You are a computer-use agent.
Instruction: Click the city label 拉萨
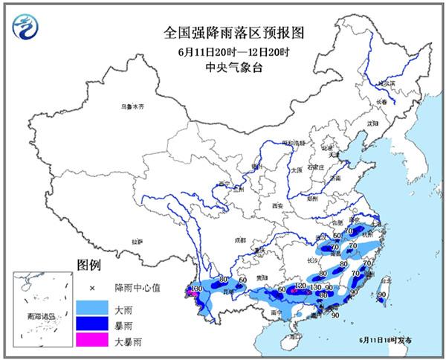click(x=138, y=242)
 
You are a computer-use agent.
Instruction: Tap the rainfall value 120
click(x=301, y=285)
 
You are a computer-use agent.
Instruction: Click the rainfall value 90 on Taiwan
click(x=381, y=295)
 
